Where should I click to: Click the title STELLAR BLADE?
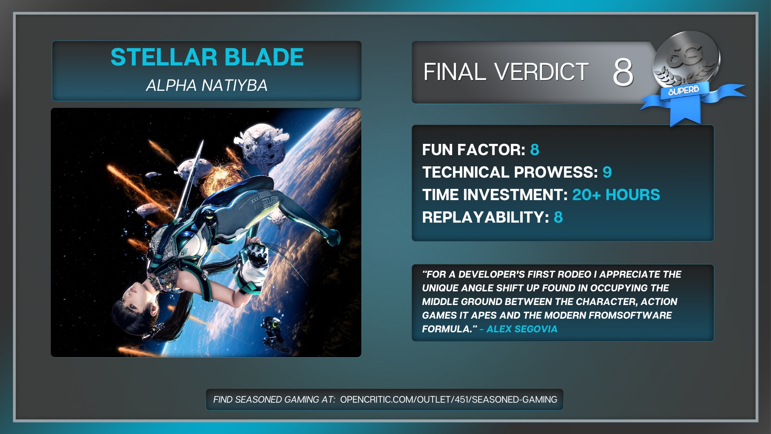click(x=207, y=57)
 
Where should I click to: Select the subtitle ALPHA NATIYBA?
click(x=207, y=85)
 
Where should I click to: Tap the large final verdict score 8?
click(x=623, y=72)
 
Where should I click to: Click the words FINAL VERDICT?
click(x=506, y=72)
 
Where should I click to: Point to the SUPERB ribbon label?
click(x=683, y=90)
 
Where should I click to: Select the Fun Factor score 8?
click(x=534, y=150)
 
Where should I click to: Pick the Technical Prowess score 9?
click(x=607, y=172)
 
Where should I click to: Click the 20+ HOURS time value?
click(x=616, y=195)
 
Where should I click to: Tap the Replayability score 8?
click(x=558, y=217)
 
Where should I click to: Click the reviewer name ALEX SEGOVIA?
click(x=522, y=329)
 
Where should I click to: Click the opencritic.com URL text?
click(x=449, y=399)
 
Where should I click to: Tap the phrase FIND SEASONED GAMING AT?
click(x=274, y=399)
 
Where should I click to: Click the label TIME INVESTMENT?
click(x=495, y=195)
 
